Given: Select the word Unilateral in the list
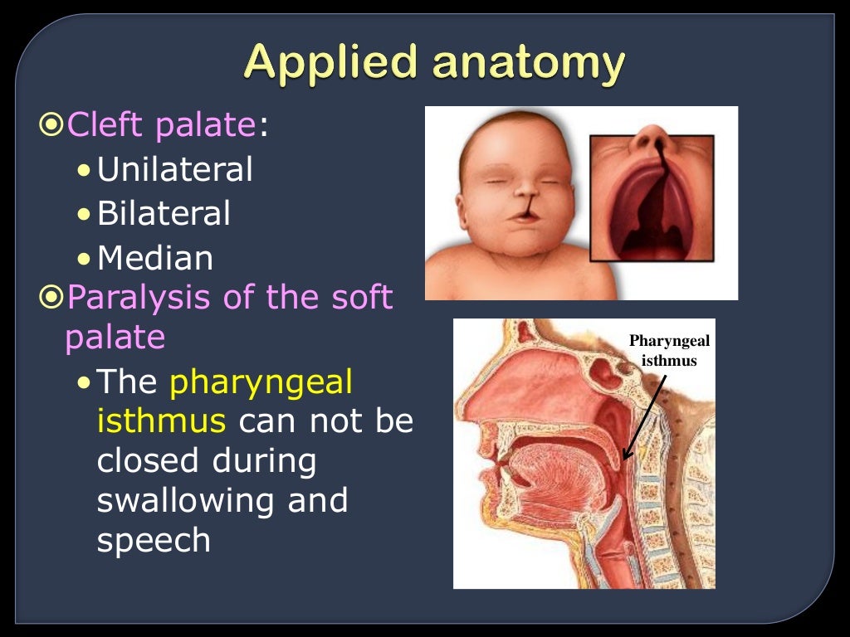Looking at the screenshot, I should tap(174, 170).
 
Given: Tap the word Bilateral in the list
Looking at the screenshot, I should tap(164, 214).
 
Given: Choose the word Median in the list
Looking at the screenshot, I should tap(155, 259).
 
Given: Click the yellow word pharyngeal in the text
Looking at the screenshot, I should tap(261, 382).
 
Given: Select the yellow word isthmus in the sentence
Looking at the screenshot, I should tap(161, 421).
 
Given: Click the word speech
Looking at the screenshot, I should tap(154, 541).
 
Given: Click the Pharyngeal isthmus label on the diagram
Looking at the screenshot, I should tap(669, 351).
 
